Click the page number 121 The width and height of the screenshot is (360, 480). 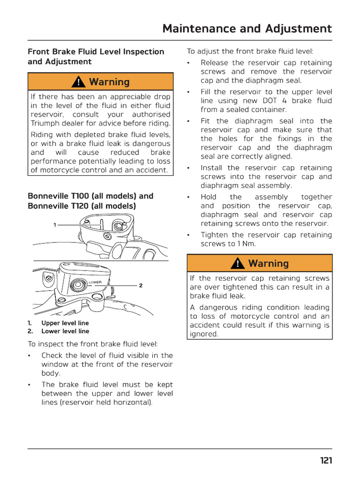(326, 460)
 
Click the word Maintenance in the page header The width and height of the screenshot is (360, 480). (196, 29)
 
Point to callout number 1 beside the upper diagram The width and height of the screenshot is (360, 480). (55, 225)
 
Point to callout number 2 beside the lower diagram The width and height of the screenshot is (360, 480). (141, 285)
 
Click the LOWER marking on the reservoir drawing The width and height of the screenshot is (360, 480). (95, 282)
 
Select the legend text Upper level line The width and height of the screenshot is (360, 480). (65, 323)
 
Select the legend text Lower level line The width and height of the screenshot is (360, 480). (65, 331)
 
